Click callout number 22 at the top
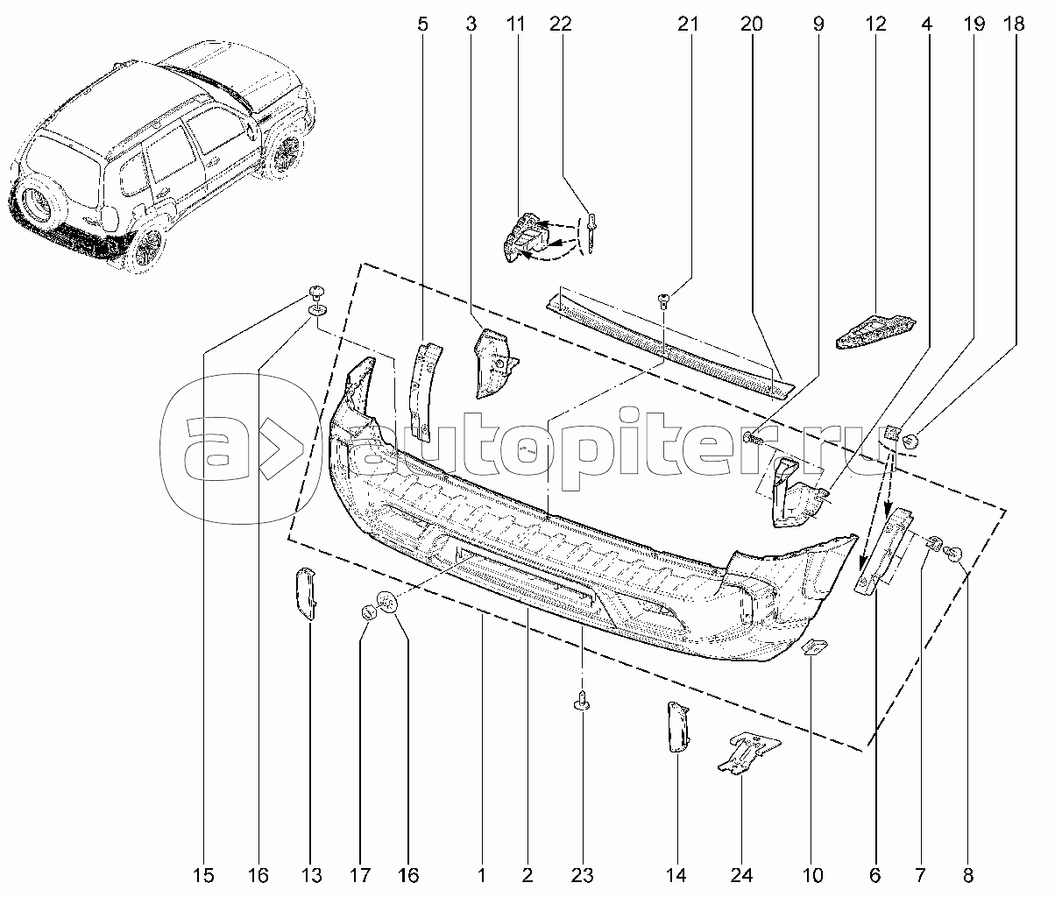[x=561, y=24]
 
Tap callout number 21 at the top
[x=687, y=24]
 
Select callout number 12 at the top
[x=875, y=24]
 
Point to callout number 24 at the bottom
[x=741, y=876]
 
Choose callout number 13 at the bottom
[x=311, y=876]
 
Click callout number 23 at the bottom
[x=582, y=876]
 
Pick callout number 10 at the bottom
[x=812, y=876]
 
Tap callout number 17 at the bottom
[x=360, y=876]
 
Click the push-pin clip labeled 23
[x=583, y=700]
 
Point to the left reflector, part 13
[x=306, y=594]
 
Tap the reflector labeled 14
[x=678, y=726]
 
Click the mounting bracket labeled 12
[x=874, y=332]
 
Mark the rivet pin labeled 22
[x=592, y=232]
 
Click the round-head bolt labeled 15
[x=317, y=293]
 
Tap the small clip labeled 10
[x=815, y=647]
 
